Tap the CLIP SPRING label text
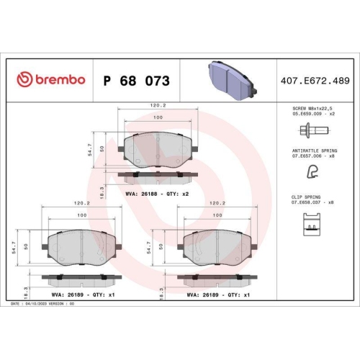click(311, 197)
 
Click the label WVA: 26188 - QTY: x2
click(157, 193)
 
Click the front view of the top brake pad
click(157, 148)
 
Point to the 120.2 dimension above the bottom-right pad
click(214, 204)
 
